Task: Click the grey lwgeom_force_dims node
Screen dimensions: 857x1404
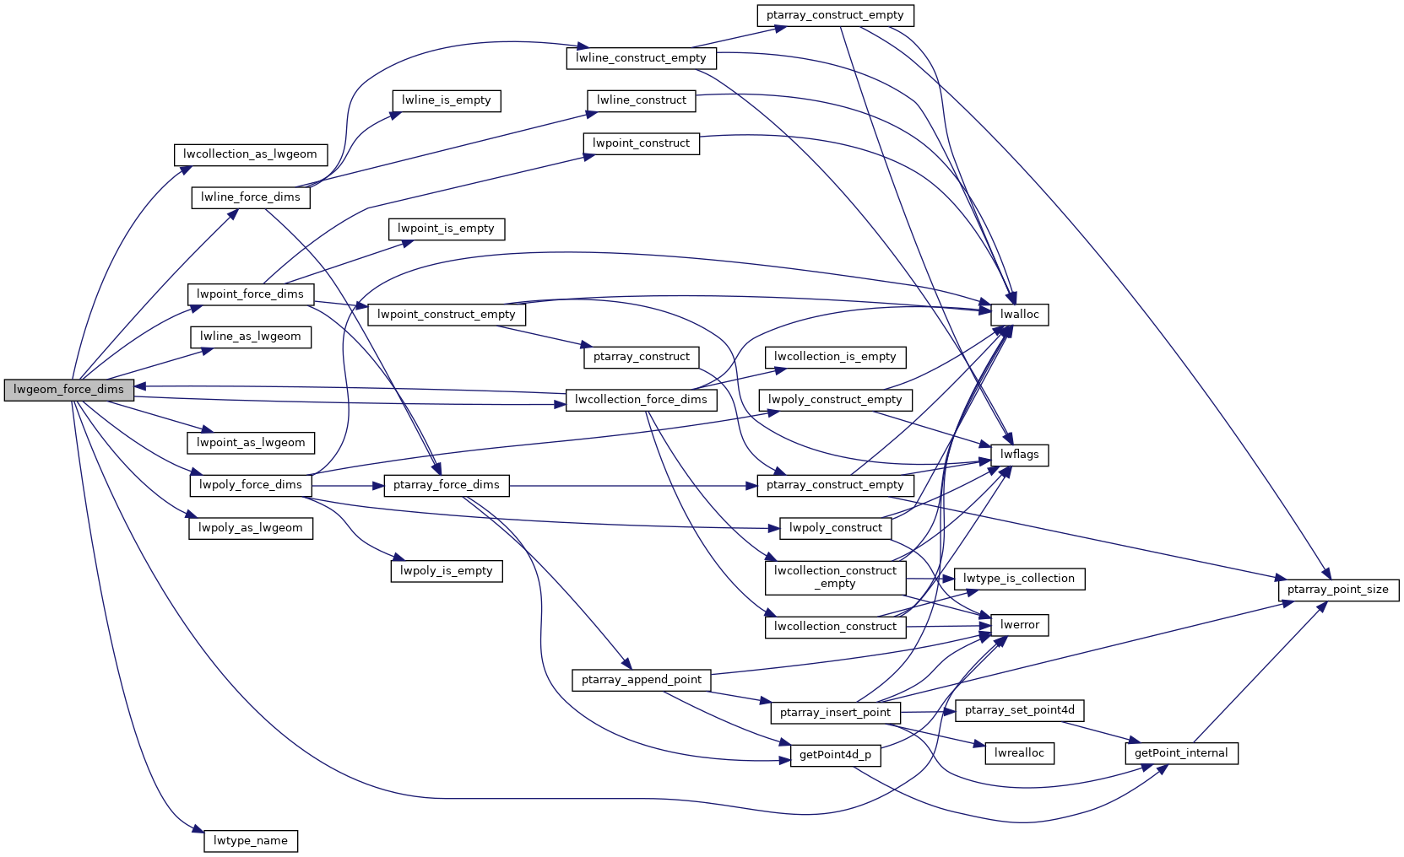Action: pyautogui.click(x=68, y=390)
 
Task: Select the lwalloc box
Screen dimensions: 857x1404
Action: pyautogui.click(x=1019, y=315)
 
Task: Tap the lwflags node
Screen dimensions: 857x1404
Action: pyautogui.click(x=1019, y=455)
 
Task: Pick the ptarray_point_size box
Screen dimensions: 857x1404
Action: pyautogui.click(x=1337, y=590)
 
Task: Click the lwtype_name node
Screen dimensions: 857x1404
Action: pyautogui.click(x=251, y=841)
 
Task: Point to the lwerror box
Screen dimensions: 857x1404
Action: pyautogui.click(x=1019, y=625)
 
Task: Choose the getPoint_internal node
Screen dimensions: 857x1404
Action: pyautogui.click(x=1180, y=753)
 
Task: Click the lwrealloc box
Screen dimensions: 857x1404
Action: pyautogui.click(x=1019, y=753)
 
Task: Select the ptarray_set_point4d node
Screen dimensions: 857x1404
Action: pyautogui.click(x=1019, y=710)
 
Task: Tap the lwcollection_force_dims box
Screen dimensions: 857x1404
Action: pyautogui.click(x=641, y=400)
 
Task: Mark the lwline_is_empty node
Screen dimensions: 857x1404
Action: pyautogui.click(x=446, y=100)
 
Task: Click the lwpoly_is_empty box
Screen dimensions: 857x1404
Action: pyautogui.click(x=446, y=571)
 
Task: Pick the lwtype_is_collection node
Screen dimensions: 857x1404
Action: pyautogui.click(x=1018, y=579)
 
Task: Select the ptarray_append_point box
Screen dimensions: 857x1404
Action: pyautogui.click(x=642, y=680)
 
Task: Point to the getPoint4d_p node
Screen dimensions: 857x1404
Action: pyautogui.click(x=835, y=755)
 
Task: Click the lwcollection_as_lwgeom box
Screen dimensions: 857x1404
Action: pyautogui.click(x=250, y=154)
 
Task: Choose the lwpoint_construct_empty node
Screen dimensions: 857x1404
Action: pyautogui.click(x=446, y=315)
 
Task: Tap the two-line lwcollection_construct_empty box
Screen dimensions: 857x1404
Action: pyautogui.click(x=835, y=577)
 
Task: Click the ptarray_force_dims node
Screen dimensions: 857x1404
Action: pyautogui.click(x=446, y=485)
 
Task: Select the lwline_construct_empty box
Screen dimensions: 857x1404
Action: pyautogui.click(x=641, y=58)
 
